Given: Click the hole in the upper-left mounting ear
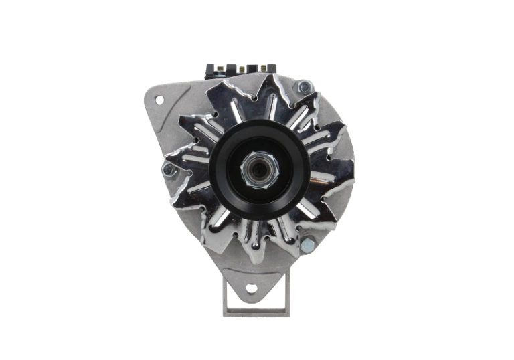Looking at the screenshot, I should [159, 99].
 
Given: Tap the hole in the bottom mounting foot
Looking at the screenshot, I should [251, 290].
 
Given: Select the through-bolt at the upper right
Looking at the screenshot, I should [305, 86].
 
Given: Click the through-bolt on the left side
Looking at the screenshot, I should [168, 170].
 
